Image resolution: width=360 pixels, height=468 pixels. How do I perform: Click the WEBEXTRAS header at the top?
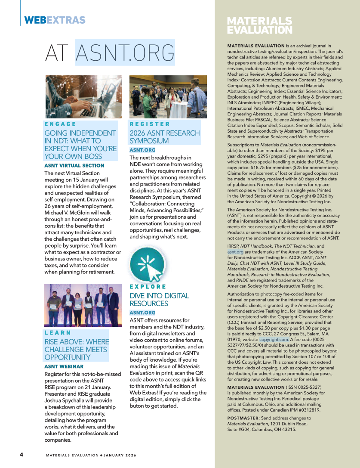tap(55, 20)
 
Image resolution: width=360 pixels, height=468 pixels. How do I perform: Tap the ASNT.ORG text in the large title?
tap(125, 53)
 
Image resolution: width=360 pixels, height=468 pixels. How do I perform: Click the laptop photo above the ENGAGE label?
tap(83, 97)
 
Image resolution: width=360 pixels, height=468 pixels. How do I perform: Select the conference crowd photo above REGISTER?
tap(168, 97)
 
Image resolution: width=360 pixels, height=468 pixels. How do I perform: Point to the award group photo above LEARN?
tap(83, 305)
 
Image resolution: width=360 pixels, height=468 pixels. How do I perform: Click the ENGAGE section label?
tap(60, 124)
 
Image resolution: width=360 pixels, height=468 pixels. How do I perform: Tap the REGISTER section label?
tap(150, 124)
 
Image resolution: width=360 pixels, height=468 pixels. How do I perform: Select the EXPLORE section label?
tap(148, 287)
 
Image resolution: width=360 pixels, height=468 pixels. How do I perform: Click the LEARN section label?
tap(58, 333)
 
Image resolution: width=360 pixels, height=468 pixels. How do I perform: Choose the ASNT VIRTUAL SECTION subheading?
tap(74, 165)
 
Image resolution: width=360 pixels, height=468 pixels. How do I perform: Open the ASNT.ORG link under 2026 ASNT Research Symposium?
tap(142, 150)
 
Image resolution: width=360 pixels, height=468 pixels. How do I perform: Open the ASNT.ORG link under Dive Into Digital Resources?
tap(142, 313)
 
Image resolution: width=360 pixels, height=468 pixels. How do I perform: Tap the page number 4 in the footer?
tap(21, 455)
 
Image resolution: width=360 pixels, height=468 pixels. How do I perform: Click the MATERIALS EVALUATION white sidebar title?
tap(259, 25)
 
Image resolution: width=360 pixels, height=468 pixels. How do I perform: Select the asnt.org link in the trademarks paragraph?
tap(235, 251)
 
